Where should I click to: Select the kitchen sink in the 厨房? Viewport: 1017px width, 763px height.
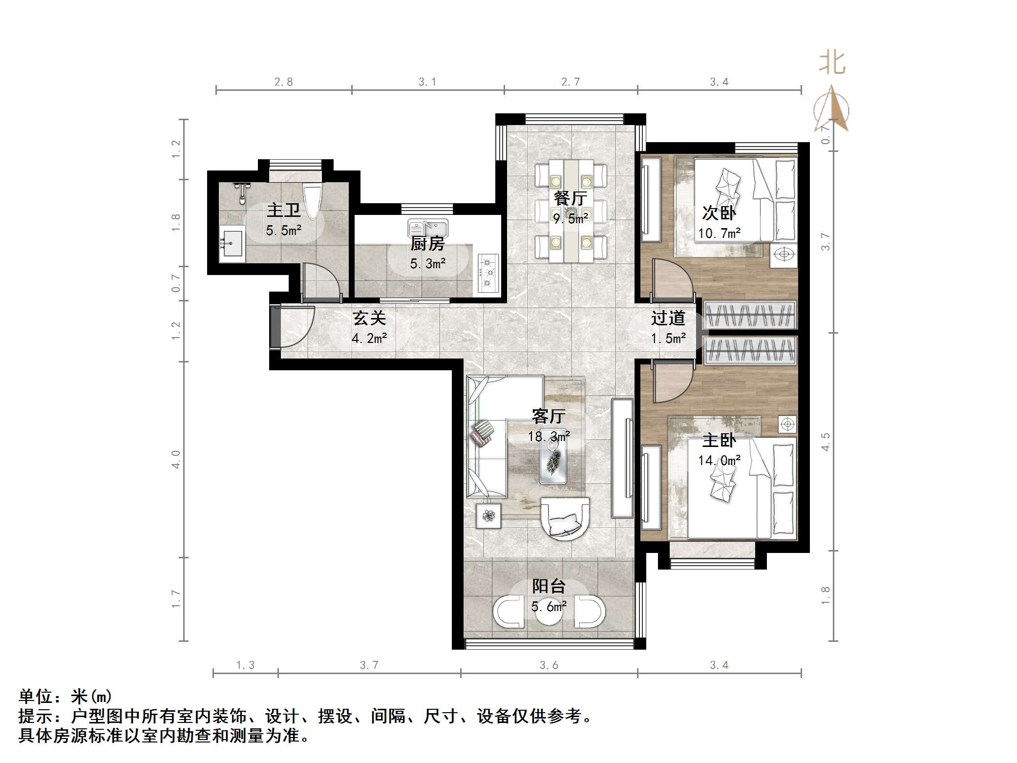point(427,228)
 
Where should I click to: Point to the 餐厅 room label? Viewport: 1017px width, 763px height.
point(570,198)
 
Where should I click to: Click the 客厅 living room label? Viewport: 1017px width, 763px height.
point(549,416)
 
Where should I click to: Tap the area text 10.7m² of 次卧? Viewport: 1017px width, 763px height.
point(719,233)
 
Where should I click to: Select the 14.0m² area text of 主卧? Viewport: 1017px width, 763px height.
point(719,460)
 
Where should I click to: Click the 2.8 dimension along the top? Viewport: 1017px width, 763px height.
point(283,82)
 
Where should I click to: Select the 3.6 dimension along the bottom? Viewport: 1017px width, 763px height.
point(549,665)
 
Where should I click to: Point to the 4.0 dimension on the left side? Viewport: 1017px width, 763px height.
point(176,459)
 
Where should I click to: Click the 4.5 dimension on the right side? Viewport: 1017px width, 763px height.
point(825,442)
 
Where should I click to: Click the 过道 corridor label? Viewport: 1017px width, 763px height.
point(668,318)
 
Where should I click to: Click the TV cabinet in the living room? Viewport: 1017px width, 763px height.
point(622,458)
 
